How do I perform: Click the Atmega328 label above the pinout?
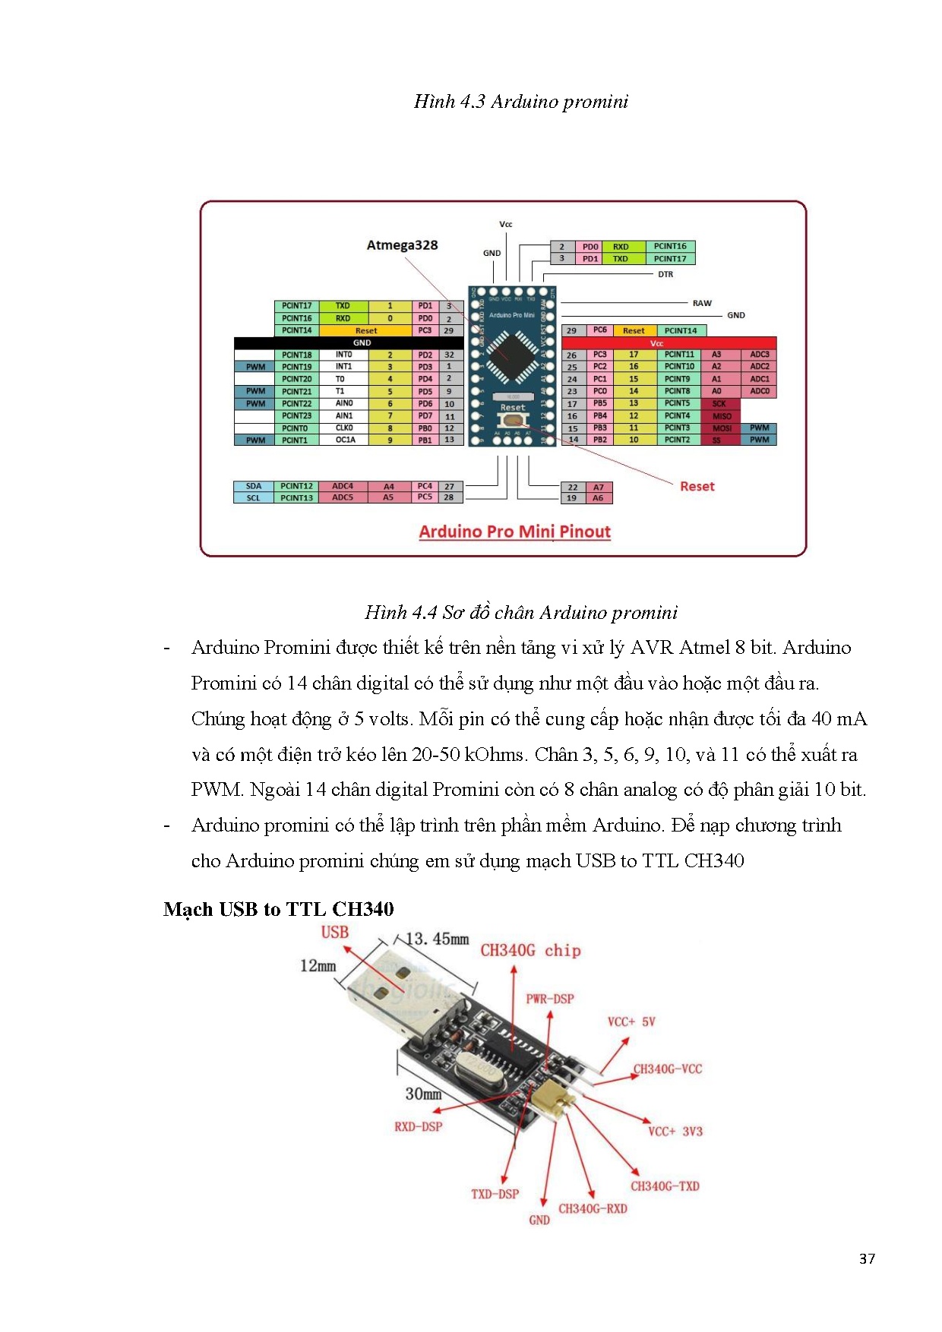coord(402,245)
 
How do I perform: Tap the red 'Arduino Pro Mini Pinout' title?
coord(514,532)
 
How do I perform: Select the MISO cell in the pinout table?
coord(721,416)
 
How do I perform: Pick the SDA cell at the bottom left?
coord(254,486)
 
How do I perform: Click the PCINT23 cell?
coord(296,416)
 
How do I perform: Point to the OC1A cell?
coord(345,440)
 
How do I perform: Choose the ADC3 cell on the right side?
coord(759,355)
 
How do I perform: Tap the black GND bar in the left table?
coord(362,342)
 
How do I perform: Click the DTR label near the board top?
coord(665,274)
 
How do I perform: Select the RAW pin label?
coord(702,303)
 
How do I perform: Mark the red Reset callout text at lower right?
coord(697,486)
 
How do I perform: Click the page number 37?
coord(867,1259)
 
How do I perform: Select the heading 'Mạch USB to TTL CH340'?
coord(279,909)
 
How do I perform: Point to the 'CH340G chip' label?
coord(530,951)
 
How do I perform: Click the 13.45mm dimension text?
coord(438,939)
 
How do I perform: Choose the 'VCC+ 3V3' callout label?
coord(675,1132)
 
